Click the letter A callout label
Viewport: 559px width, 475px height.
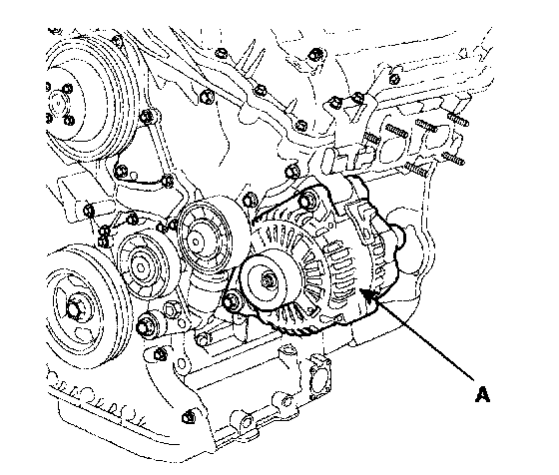(x=482, y=394)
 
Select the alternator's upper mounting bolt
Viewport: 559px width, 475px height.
(x=307, y=201)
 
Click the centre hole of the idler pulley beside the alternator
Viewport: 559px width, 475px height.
(x=195, y=241)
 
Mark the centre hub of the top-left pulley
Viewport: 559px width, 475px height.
(x=57, y=105)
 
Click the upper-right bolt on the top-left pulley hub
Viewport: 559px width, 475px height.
(x=67, y=89)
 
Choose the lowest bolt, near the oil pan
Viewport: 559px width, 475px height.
(x=188, y=417)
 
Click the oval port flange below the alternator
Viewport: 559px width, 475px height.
(x=320, y=377)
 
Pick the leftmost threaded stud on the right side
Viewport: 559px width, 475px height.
(x=371, y=139)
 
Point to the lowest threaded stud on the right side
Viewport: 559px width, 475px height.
(x=416, y=169)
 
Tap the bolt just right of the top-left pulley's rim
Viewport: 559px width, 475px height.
(x=146, y=116)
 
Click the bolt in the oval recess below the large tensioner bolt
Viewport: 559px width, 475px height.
(x=202, y=339)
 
